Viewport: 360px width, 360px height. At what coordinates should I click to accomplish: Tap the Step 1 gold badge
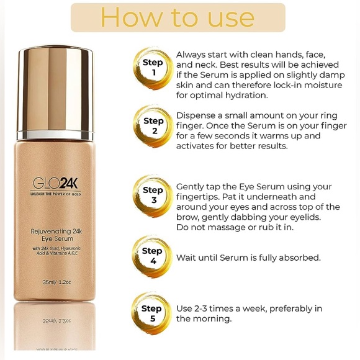tap(152, 68)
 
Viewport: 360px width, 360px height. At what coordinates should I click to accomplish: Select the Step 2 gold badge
tap(152, 125)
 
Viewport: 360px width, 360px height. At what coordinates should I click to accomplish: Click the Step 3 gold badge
tap(152, 195)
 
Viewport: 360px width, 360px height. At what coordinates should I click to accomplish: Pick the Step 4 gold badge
tap(152, 256)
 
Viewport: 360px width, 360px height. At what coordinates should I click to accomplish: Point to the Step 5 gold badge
tap(152, 313)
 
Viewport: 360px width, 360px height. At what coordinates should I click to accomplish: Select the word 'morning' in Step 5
tap(212, 319)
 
